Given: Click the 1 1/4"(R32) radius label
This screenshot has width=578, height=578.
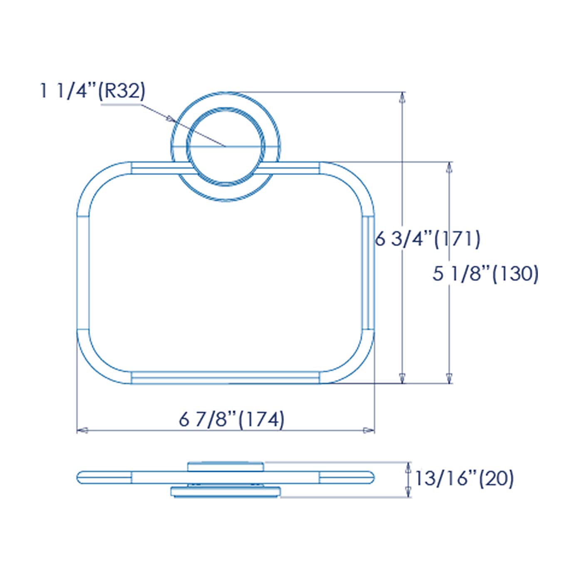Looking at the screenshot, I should pos(92,91).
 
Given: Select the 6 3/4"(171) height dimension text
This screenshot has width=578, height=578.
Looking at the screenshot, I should pos(428,239).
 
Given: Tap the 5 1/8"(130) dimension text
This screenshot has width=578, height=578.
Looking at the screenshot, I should pos(485,274).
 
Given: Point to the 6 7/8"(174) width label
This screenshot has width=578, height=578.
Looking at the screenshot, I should pos(232,419).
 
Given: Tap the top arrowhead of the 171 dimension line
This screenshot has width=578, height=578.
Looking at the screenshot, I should pos(402,98).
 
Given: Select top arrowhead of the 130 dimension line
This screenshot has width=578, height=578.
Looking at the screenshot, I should pos(449,168).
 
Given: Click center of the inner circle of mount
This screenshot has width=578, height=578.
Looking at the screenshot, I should pos(225,146).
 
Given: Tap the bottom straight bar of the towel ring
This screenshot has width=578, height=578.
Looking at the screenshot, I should pos(225,377).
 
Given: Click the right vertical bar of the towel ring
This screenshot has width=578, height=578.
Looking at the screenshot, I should pos(368,273).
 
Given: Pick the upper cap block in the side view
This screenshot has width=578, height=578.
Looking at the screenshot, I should pos(225,466).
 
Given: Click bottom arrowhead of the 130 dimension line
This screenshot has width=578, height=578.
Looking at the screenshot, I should pos(449,377).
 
